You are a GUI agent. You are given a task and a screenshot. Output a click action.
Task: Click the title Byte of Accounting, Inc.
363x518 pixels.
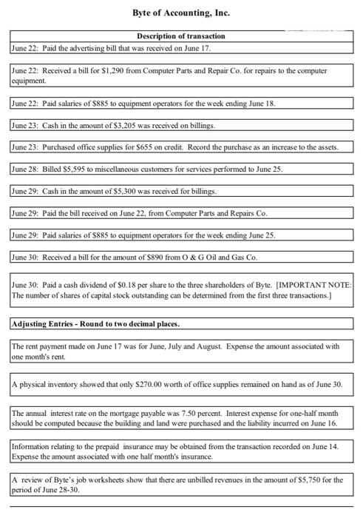181,13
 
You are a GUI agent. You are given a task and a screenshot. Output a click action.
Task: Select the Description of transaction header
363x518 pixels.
181,36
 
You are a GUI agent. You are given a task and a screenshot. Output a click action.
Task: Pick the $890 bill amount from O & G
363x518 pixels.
155,257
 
